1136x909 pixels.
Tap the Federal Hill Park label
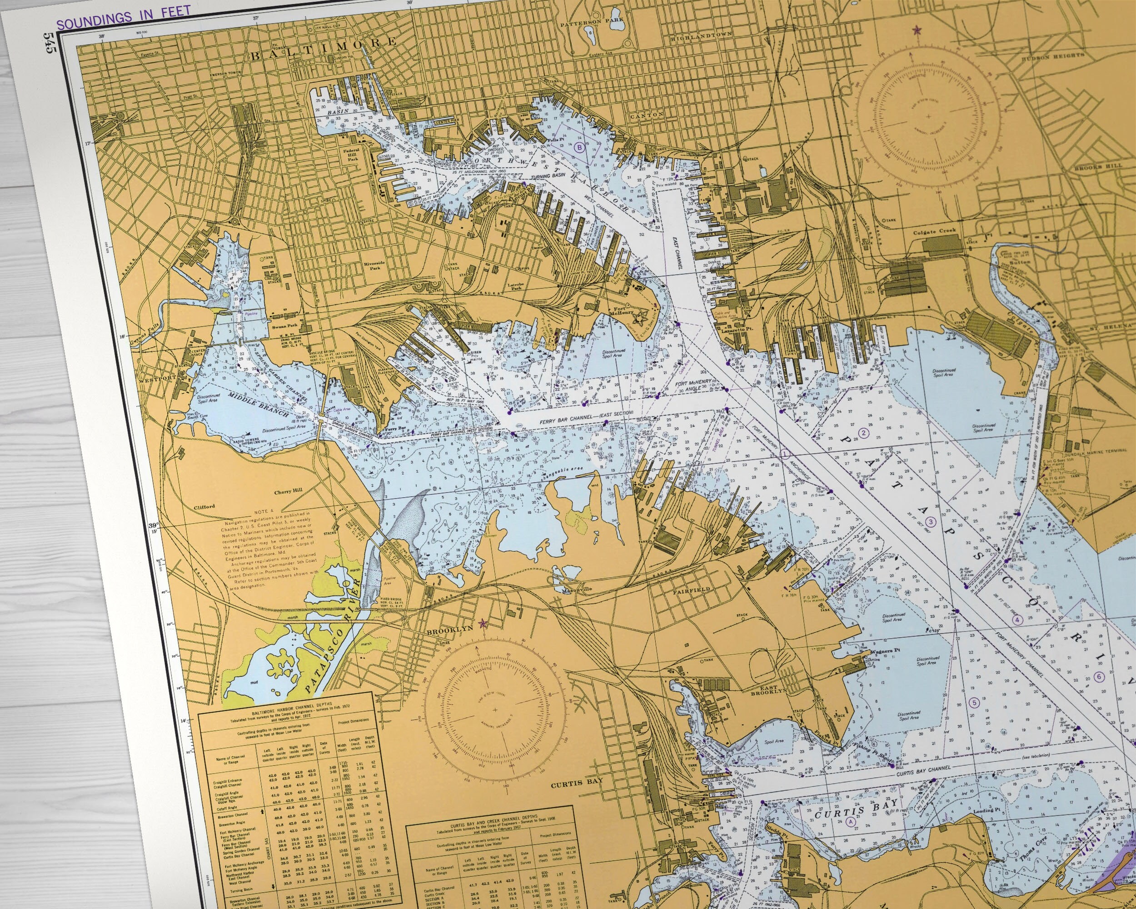coord(350,155)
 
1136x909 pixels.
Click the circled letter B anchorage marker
coord(580,148)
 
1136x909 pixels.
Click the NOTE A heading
coord(264,512)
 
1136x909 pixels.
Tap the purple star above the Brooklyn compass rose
coord(482,624)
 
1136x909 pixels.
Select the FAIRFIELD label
coord(691,589)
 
